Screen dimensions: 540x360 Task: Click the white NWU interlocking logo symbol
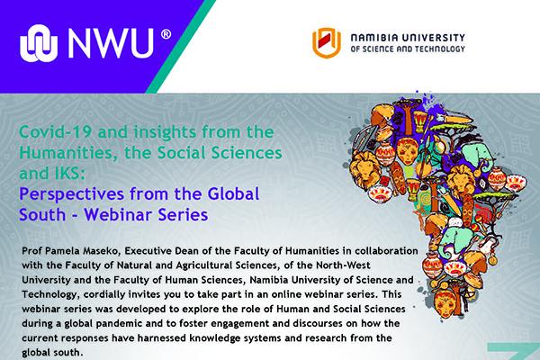tap(39, 43)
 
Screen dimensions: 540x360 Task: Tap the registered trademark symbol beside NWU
tap(166, 34)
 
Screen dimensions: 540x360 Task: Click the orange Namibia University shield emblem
tap(327, 42)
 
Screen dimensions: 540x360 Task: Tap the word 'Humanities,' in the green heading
tap(66, 153)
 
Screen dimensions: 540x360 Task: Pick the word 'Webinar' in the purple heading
tap(118, 214)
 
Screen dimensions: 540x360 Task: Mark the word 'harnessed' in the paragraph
tap(159, 338)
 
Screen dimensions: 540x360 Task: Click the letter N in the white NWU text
tap(80, 43)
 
